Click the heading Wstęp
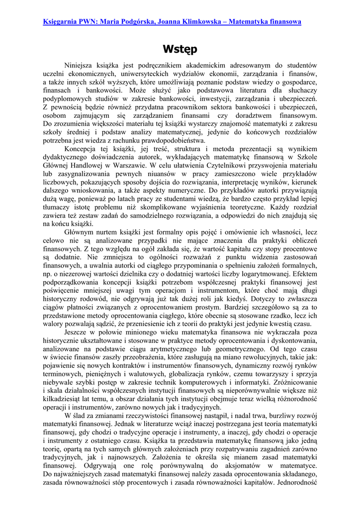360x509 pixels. pos(180,49)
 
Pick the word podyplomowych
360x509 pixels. pos(67,98)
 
